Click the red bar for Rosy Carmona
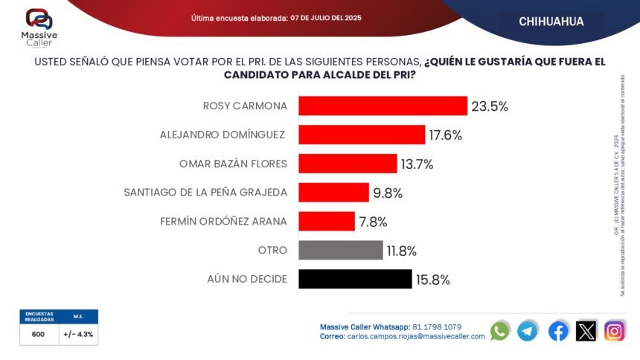[x=383, y=106]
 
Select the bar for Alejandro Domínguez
[x=361, y=135]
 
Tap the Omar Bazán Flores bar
[x=348, y=164]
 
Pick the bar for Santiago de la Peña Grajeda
[x=333, y=193]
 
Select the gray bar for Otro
[x=341, y=251]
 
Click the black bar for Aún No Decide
[x=355, y=279]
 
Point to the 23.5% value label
[x=490, y=106]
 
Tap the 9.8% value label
[x=388, y=193]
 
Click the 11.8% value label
[x=401, y=251]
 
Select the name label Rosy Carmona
[x=245, y=106]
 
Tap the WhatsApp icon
[x=500, y=331]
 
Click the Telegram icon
[x=528, y=331]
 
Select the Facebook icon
[x=558, y=331]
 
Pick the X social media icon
[x=586, y=331]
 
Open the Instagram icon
[x=615, y=331]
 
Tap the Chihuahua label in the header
[x=551, y=22]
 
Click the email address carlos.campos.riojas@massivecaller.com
[x=416, y=336]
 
